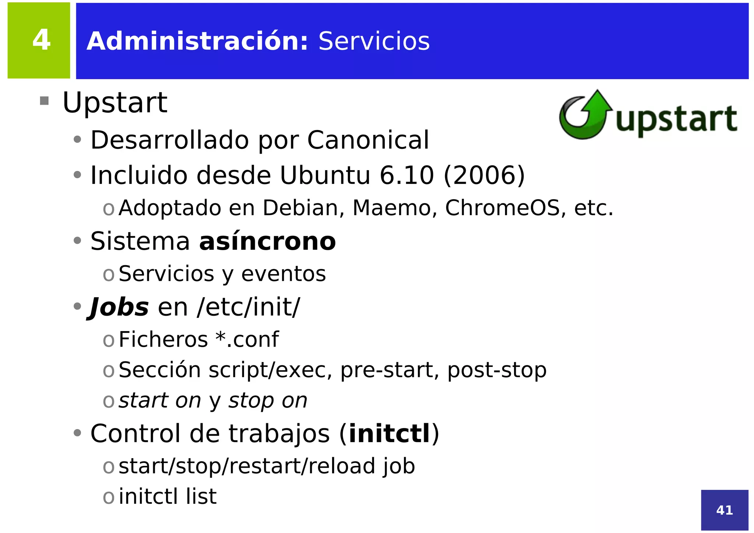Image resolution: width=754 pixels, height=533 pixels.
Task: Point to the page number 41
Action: [x=724, y=510]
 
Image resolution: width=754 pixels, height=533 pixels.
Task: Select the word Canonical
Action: [x=368, y=140]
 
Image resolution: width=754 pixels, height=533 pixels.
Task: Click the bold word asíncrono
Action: [x=267, y=242]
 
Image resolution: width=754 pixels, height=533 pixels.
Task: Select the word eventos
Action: [x=283, y=274]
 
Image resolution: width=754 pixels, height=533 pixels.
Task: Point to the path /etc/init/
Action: [x=249, y=307]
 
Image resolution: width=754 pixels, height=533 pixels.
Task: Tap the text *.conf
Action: [x=247, y=339]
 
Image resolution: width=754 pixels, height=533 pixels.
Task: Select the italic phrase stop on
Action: [x=268, y=400]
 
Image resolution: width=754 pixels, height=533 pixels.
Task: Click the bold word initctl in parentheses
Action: [x=389, y=434]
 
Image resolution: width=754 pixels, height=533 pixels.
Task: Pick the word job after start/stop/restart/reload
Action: [x=399, y=466]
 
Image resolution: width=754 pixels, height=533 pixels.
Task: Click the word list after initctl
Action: [x=201, y=497]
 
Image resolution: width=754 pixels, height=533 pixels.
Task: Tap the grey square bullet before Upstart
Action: [x=44, y=101]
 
